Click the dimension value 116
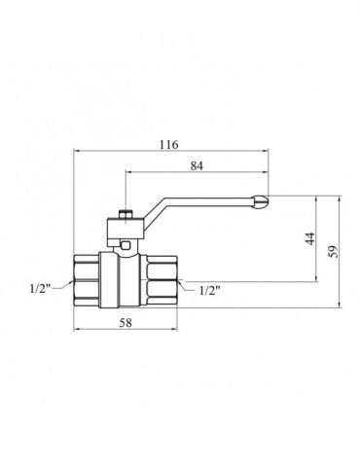pos(168,145)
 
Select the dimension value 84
pos(197,166)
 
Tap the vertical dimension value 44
pos(310,238)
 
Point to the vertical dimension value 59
pos(334,251)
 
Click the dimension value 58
pos(126,323)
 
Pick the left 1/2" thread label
pos(41,288)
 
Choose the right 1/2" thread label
pos(210,290)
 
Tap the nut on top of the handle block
pos(126,215)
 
